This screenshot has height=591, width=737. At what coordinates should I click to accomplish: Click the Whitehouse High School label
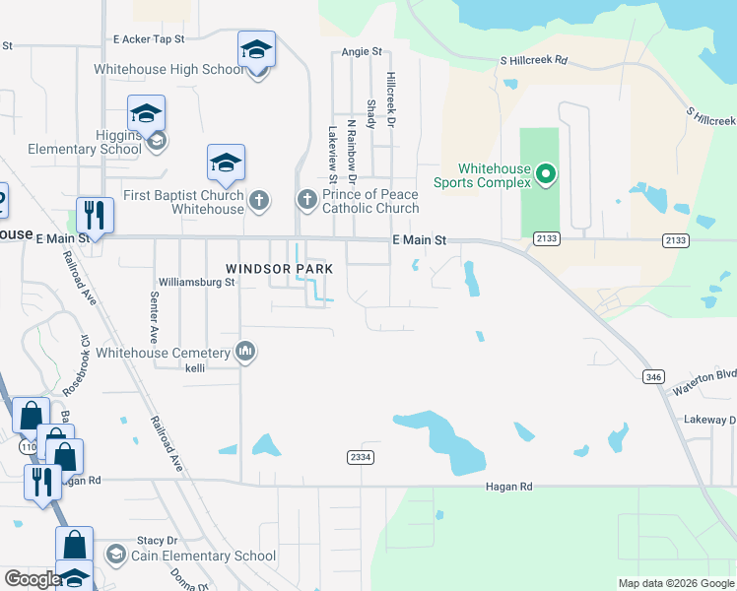click(168, 69)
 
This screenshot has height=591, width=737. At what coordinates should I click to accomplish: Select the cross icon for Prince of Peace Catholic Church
click(306, 200)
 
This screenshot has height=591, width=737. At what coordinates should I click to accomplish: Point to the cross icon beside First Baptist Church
click(258, 202)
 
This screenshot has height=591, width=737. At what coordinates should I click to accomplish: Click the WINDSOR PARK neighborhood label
click(279, 269)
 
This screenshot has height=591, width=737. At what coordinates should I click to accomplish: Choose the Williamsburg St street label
click(196, 282)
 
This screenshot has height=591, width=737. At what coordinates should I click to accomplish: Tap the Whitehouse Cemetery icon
click(245, 352)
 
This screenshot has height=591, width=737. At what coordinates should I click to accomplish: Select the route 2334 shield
click(360, 457)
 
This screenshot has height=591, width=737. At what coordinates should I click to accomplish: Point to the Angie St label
click(362, 52)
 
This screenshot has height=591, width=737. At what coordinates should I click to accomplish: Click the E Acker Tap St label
click(149, 38)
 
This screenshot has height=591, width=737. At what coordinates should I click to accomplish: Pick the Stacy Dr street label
click(157, 540)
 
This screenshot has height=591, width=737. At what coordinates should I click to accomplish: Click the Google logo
click(32, 579)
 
